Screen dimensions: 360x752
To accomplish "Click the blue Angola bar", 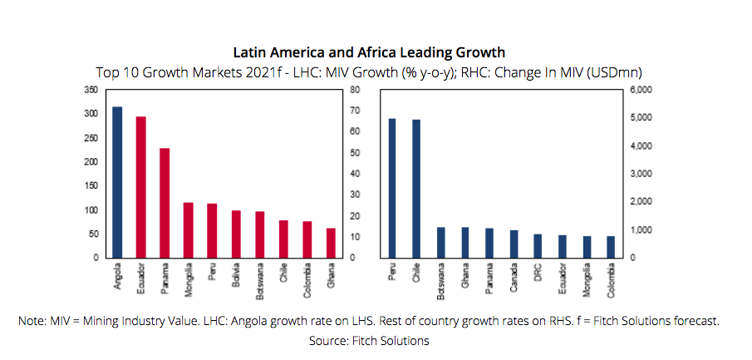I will [x=117, y=182].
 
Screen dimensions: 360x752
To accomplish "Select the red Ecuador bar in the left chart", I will [x=140, y=187].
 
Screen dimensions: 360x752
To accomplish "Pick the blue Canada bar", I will [x=514, y=244].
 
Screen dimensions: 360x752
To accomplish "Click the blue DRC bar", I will [x=538, y=245].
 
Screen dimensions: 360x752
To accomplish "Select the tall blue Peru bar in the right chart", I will [x=392, y=188].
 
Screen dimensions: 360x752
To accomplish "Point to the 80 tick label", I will [x=355, y=89].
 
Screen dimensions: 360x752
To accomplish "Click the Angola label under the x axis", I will [x=117, y=278].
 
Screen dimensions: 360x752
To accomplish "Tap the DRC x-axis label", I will [x=538, y=274].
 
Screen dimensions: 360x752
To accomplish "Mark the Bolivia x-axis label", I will [x=236, y=276].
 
